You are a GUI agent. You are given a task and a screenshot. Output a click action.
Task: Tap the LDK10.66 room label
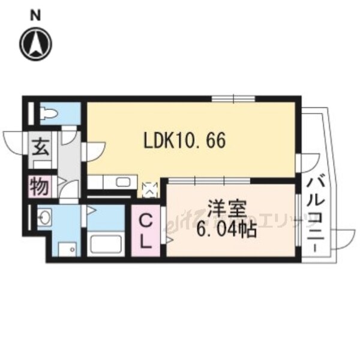pos(184,142)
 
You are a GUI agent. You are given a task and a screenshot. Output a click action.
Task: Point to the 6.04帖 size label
pos(223,229)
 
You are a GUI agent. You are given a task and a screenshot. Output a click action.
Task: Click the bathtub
pos(106,244)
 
